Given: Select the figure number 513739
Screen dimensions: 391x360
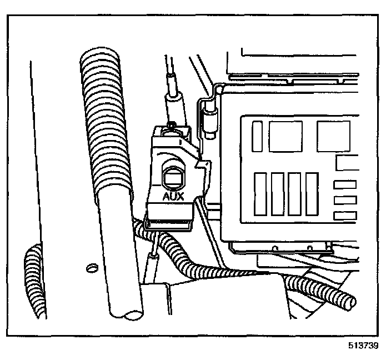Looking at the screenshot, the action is pos(364,346).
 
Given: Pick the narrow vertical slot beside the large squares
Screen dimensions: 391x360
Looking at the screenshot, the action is pos(257,136).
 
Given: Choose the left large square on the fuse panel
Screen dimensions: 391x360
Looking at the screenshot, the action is pos(285,136).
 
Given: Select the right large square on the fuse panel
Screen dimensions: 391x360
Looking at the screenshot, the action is pos(333,136).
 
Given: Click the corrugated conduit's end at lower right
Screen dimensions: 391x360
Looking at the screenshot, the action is pos(349,303).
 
